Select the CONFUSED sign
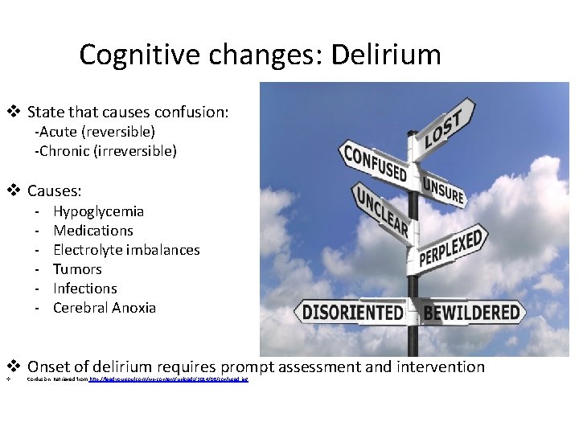(375, 162)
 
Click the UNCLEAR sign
(381, 211)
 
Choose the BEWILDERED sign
(472, 312)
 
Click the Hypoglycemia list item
(98, 211)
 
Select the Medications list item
(92, 231)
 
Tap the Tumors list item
(77, 269)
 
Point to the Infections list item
(84, 289)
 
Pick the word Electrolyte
(88, 250)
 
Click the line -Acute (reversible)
(95, 131)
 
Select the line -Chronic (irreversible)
(105, 150)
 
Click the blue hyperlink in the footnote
(168, 379)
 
